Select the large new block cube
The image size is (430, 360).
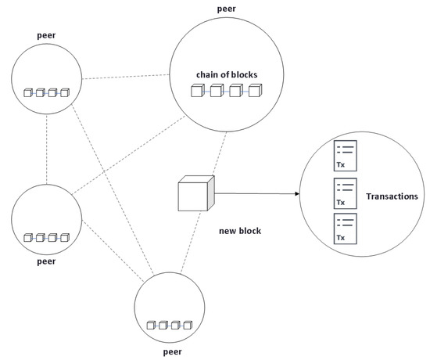tap(194, 194)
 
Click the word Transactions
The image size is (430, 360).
tap(392, 196)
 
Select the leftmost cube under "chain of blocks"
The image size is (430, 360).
tap(197, 92)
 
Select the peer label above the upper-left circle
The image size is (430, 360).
tap(46, 35)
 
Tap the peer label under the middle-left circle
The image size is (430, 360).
tap(45, 261)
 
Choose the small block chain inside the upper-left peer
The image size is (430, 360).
tap(47, 93)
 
